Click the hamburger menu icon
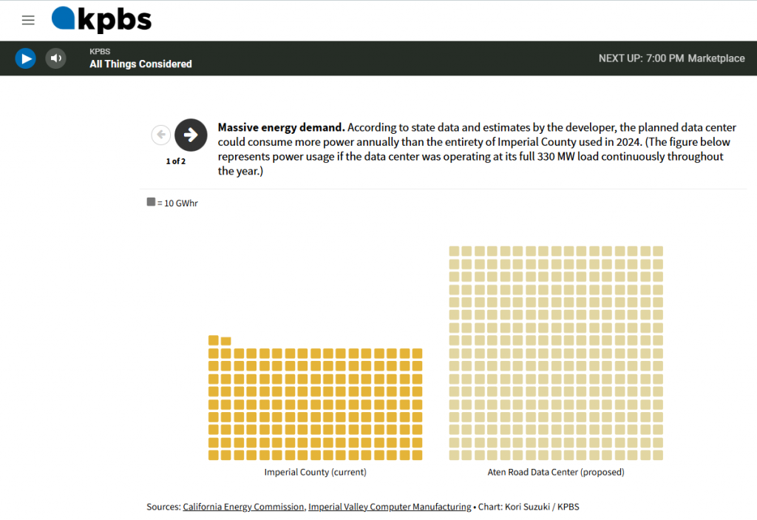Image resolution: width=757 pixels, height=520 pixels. click(x=28, y=21)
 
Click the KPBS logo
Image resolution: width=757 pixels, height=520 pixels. click(x=101, y=20)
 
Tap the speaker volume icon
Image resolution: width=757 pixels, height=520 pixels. click(x=55, y=58)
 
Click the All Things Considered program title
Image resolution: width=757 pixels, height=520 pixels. click(x=140, y=64)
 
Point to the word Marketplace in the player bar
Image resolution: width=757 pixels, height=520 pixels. click(x=716, y=58)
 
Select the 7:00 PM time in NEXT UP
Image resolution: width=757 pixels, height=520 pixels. click(x=665, y=58)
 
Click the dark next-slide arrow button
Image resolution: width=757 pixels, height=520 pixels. click(x=191, y=135)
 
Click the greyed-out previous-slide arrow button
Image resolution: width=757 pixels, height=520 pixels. click(x=160, y=135)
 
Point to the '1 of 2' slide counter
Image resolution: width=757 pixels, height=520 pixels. click(x=176, y=161)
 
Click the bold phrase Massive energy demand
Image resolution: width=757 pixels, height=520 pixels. click(x=281, y=128)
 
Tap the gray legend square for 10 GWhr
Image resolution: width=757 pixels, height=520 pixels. click(x=151, y=202)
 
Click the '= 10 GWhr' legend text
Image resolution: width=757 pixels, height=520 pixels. click(x=177, y=203)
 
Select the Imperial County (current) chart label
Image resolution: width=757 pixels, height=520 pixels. click(x=315, y=472)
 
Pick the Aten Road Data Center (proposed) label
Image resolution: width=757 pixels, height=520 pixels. click(x=556, y=472)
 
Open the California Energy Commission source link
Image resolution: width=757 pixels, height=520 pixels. click(x=243, y=507)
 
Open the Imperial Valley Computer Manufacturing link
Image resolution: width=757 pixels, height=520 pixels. click(x=390, y=507)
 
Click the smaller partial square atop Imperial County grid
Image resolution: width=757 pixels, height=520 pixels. click(x=226, y=341)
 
